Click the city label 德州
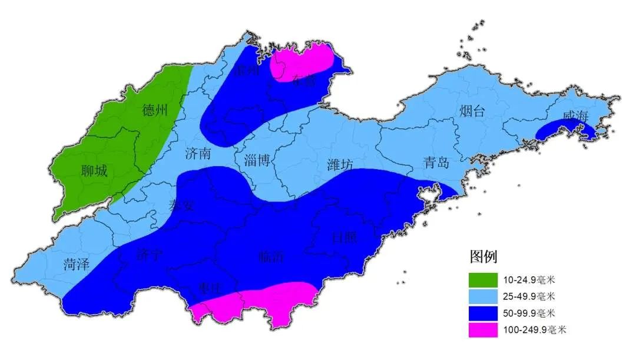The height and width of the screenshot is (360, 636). click(x=155, y=110)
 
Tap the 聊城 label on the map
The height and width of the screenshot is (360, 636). click(x=94, y=171)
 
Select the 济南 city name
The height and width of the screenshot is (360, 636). click(x=197, y=154)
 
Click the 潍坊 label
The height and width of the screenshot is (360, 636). click(x=340, y=165)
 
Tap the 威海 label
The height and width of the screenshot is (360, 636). click(x=575, y=117)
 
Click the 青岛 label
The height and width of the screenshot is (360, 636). click(x=436, y=162)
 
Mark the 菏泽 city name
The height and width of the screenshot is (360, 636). click(x=77, y=264)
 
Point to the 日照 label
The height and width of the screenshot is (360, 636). click(x=344, y=237)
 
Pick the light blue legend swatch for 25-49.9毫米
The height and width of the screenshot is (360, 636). click(x=483, y=295)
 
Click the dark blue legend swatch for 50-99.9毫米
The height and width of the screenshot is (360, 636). click(x=483, y=313)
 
